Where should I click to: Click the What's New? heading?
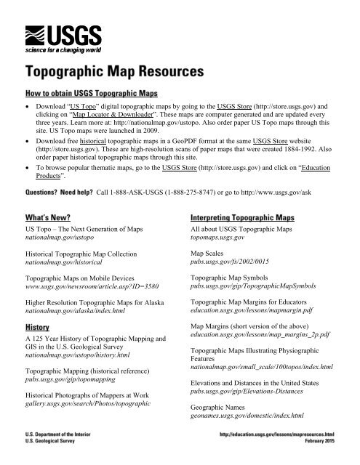coord(51,217)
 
